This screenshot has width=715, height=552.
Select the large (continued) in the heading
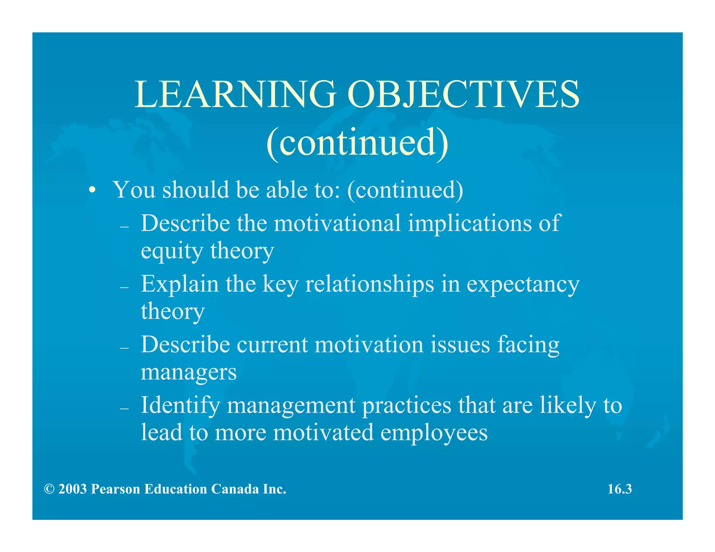click(x=357, y=143)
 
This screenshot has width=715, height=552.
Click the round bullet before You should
click(x=92, y=191)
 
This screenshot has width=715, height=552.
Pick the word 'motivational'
click(x=337, y=223)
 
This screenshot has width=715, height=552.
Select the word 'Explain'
click(x=179, y=284)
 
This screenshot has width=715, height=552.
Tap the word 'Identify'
click(x=180, y=406)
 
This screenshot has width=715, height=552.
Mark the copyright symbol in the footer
click(x=49, y=489)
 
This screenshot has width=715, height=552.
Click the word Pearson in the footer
click(x=115, y=489)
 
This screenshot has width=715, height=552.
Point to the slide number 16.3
click(x=619, y=489)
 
